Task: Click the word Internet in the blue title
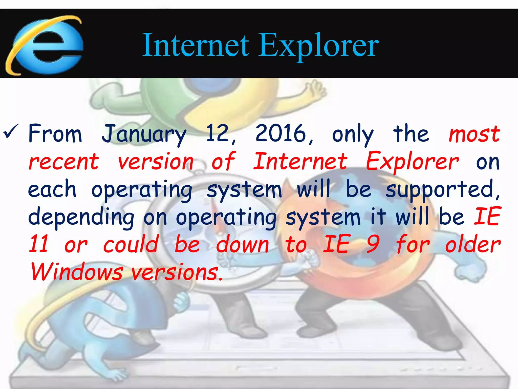coord(196,46)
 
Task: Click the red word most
coord(474,134)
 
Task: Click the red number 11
coord(38,244)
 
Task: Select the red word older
coord(472,245)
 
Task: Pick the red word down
coord(242,245)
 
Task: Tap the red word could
coord(131,244)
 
